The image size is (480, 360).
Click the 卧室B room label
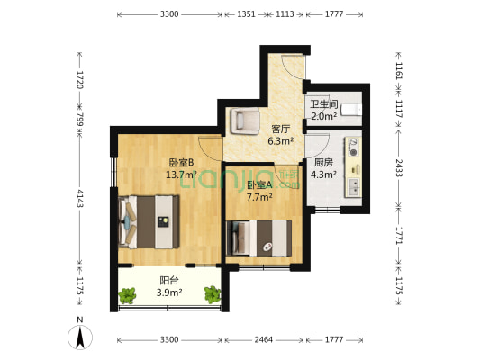181,162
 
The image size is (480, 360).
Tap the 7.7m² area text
259,197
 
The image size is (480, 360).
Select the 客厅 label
280,129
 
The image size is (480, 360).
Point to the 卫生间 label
324,104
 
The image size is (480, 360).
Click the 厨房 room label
323,162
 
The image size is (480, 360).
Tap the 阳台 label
169,281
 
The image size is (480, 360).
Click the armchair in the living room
246,121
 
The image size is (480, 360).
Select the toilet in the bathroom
351,110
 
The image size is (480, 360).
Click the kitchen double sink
354,187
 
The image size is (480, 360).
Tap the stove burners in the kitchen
354,148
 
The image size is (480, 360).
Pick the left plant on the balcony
127,295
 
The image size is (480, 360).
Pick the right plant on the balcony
213,294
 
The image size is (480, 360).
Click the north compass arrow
80,337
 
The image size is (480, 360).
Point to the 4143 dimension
79,198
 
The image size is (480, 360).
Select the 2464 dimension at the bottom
264,339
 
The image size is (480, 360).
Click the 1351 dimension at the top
246,14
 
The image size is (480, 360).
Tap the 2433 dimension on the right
399,167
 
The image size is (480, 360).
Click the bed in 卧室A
258,238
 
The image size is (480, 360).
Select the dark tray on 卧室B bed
163,221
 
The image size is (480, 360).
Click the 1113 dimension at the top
285,14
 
